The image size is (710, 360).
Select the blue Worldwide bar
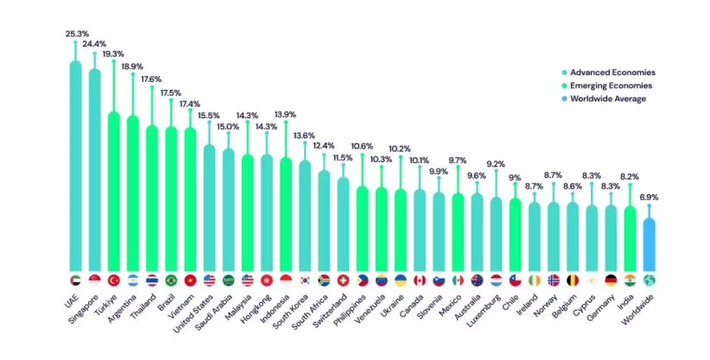coord(649,244)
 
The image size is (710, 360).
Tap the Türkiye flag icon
coord(114,281)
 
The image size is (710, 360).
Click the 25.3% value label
coord(77,34)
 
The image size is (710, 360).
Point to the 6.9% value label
coord(649,198)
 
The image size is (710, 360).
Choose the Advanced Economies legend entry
coord(609,73)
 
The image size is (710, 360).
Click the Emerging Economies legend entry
coord(606,85)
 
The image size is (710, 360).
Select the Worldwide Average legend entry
coord(604,98)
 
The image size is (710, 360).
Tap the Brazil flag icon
coord(171,281)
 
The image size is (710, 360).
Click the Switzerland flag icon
coord(343,281)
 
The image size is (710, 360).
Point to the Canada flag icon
coord(420,281)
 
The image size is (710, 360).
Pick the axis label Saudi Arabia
coord(214,312)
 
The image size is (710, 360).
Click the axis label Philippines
coord(349,310)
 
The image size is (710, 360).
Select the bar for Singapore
coord(95,170)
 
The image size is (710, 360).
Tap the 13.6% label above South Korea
coord(304,136)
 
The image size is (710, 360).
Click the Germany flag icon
coord(611,281)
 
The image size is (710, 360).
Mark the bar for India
coord(630,238)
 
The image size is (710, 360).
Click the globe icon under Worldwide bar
coord(649,281)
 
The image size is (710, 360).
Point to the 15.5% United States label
coord(209,116)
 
